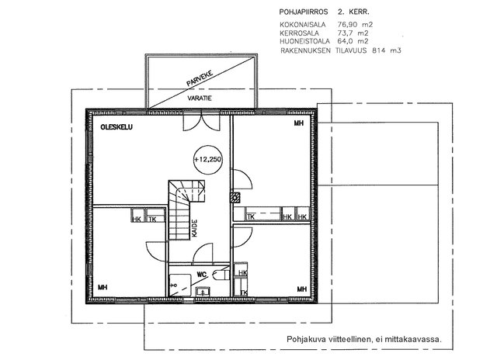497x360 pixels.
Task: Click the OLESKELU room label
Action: click(116, 127)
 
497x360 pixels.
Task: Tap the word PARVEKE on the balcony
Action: click(200, 78)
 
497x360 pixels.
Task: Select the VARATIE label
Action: click(200, 99)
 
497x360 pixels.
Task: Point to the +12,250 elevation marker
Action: click(207, 159)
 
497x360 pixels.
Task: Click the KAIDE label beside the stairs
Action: click(195, 228)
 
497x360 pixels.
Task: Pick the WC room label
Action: click(201, 275)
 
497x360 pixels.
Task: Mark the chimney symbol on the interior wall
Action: click(235, 198)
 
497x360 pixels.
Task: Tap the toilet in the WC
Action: click(221, 275)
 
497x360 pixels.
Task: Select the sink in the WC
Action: click(202, 291)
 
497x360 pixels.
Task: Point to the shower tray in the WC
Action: click(180, 286)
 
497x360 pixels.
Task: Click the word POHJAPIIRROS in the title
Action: click(304, 12)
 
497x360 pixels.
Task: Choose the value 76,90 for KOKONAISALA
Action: click(347, 24)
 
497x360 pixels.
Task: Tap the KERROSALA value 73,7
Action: click(345, 33)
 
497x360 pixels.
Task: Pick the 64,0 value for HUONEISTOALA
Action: click(346, 41)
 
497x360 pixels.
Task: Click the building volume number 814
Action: click(378, 50)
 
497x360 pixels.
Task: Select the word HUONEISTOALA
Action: click(304, 41)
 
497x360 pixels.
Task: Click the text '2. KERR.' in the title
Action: click(353, 12)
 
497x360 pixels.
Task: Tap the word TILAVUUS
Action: click(351, 50)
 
